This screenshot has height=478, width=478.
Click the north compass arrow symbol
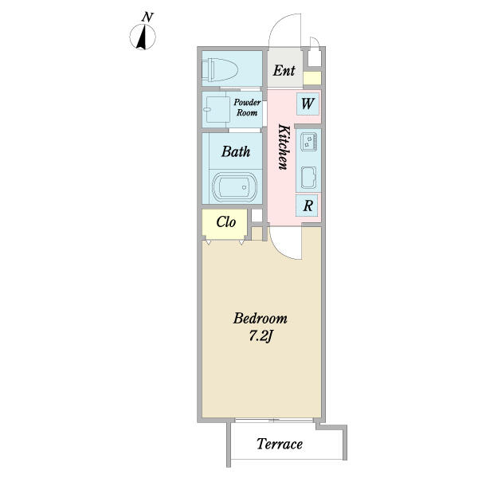click(x=143, y=37)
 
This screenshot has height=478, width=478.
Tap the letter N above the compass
click(x=147, y=17)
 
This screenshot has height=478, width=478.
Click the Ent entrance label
click(x=284, y=70)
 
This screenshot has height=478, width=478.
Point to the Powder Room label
click(x=247, y=108)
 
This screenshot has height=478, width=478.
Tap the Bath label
click(x=236, y=151)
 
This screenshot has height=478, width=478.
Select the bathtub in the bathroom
click(x=234, y=186)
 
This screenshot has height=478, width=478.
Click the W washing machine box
click(x=308, y=104)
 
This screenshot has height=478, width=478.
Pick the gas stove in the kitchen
click(x=308, y=142)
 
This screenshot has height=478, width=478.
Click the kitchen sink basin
click(x=308, y=178)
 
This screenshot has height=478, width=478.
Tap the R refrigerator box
click(x=308, y=206)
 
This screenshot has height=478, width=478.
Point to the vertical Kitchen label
click(x=284, y=147)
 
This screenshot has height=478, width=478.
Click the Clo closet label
click(x=226, y=222)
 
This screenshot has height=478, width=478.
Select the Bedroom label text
click(x=260, y=318)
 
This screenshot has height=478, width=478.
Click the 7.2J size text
click(x=261, y=336)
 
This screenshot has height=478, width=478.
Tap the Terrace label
click(x=280, y=444)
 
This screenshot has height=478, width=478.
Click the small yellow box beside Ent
click(x=312, y=78)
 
